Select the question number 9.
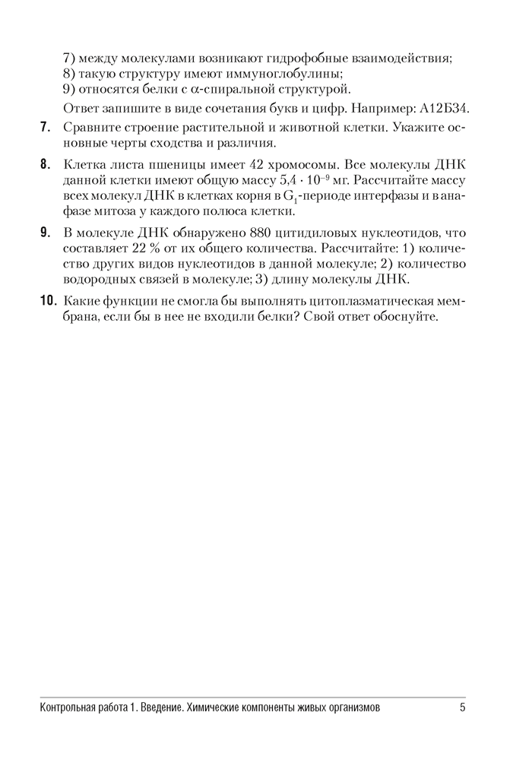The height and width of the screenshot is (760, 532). tap(45, 233)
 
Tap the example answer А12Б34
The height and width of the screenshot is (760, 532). tap(436, 107)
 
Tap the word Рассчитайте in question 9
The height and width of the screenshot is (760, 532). tap(359, 249)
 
